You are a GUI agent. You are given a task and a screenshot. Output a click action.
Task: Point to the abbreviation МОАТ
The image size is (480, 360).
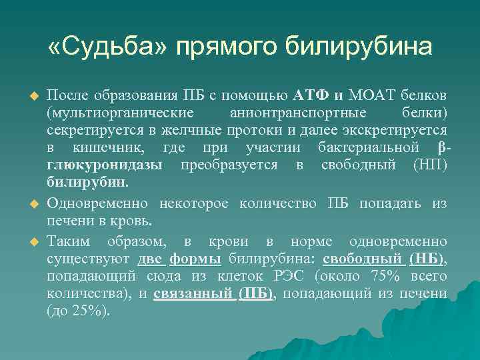(x=371, y=93)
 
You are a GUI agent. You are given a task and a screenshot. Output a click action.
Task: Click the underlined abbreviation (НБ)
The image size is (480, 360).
(x=427, y=257)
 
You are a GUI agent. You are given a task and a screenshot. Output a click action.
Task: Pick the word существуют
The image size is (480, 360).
(x=88, y=257)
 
